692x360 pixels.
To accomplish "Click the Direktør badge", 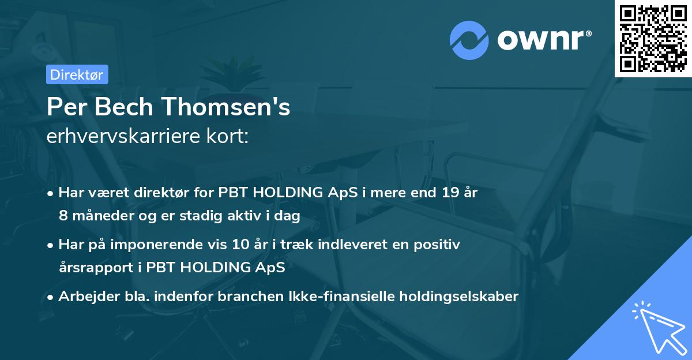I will coord(77,74).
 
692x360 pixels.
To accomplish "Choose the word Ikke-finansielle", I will coord(362,297).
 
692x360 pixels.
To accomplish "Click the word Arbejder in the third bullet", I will coord(84,297).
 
